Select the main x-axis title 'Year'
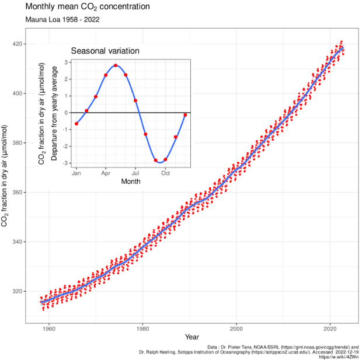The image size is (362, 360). click(x=192, y=337)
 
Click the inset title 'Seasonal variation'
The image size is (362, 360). click(x=105, y=51)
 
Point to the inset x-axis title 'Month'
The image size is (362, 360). click(x=131, y=181)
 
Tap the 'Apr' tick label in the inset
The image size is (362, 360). click(x=106, y=173)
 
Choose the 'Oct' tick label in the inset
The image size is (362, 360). click(x=166, y=173)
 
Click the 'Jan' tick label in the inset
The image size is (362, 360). click(x=76, y=173)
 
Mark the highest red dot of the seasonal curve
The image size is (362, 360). click(x=116, y=65)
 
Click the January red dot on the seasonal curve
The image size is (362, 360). click(x=76, y=124)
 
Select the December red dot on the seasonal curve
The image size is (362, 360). click(x=186, y=114)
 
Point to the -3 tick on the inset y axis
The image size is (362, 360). click(x=67, y=163)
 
